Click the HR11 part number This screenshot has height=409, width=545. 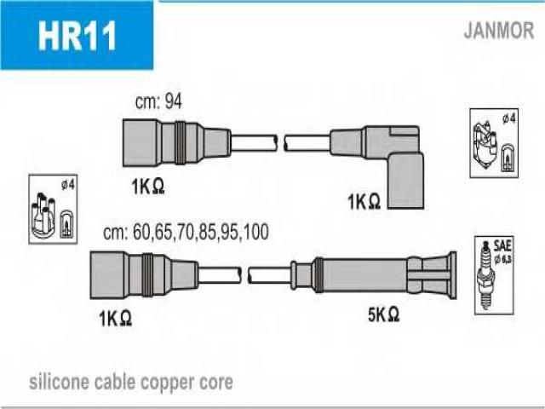[x=77, y=36]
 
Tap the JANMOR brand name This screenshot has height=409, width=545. [x=498, y=31]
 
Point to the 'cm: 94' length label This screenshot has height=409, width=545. [x=158, y=101]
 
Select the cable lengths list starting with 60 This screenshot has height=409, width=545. [x=186, y=232]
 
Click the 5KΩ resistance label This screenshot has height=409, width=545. [x=384, y=314]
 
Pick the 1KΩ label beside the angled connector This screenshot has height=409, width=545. [x=364, y=202]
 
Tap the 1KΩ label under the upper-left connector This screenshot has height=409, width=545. [x=147, y=187]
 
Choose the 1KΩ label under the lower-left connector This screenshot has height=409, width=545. [x=115, y=318]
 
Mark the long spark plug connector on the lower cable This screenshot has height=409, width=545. [x=373, y=274]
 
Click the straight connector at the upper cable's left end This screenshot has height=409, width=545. [x=176, y=142]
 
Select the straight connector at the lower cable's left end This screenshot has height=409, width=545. [x=144, y=274]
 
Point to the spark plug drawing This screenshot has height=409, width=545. [x=486, y=275]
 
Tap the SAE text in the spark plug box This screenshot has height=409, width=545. [x=502, y=246]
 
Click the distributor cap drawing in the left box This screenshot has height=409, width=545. [x=43, y=216]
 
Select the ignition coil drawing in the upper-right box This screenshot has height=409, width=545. [x=485, y=146]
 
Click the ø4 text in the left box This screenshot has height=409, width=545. [x=68, y=185]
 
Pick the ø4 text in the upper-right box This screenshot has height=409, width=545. [x=508, y=119]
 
